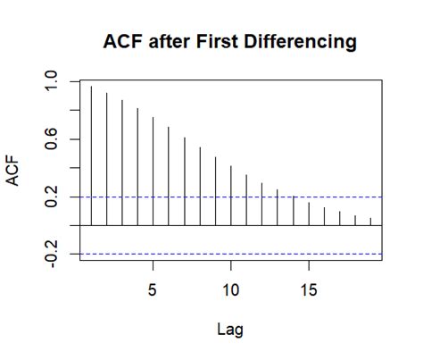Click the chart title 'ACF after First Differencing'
(229, 41)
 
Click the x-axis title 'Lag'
(229, 329)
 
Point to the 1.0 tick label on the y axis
(53, 82)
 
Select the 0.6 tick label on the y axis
(53, 139)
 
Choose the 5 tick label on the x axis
(153, 290)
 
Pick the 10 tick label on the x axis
(230, 290)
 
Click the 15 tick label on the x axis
(308, 290)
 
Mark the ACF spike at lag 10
(230, 196)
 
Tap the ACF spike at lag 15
(308, 214)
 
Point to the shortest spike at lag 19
(369, 222)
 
